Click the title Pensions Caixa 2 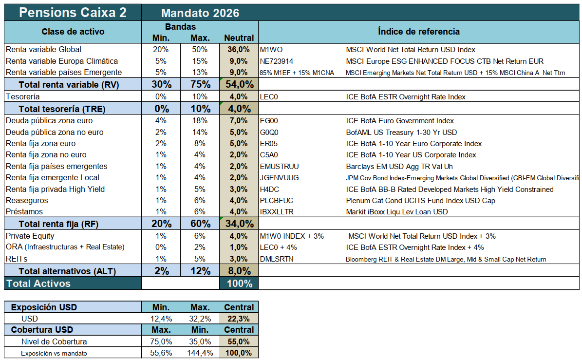(73, 13)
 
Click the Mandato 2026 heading (200, 13)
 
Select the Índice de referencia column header (418, 32)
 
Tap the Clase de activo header (73, 32)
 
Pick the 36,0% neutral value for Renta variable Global (239, 50)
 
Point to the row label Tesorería (22, 97)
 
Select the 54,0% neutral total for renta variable (239, 85)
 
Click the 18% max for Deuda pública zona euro (200, 121)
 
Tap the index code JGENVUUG (280, 178)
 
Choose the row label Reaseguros (24, 201)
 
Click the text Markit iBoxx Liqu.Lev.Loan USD (396, 212)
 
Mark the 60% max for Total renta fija (200, 224)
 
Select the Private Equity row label (30, 236)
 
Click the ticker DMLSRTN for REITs (277, 259)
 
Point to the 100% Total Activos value (239, 284)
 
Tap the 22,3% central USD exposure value (239, 319)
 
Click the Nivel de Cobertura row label (54, 342)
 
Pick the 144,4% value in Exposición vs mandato (200, 353)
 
